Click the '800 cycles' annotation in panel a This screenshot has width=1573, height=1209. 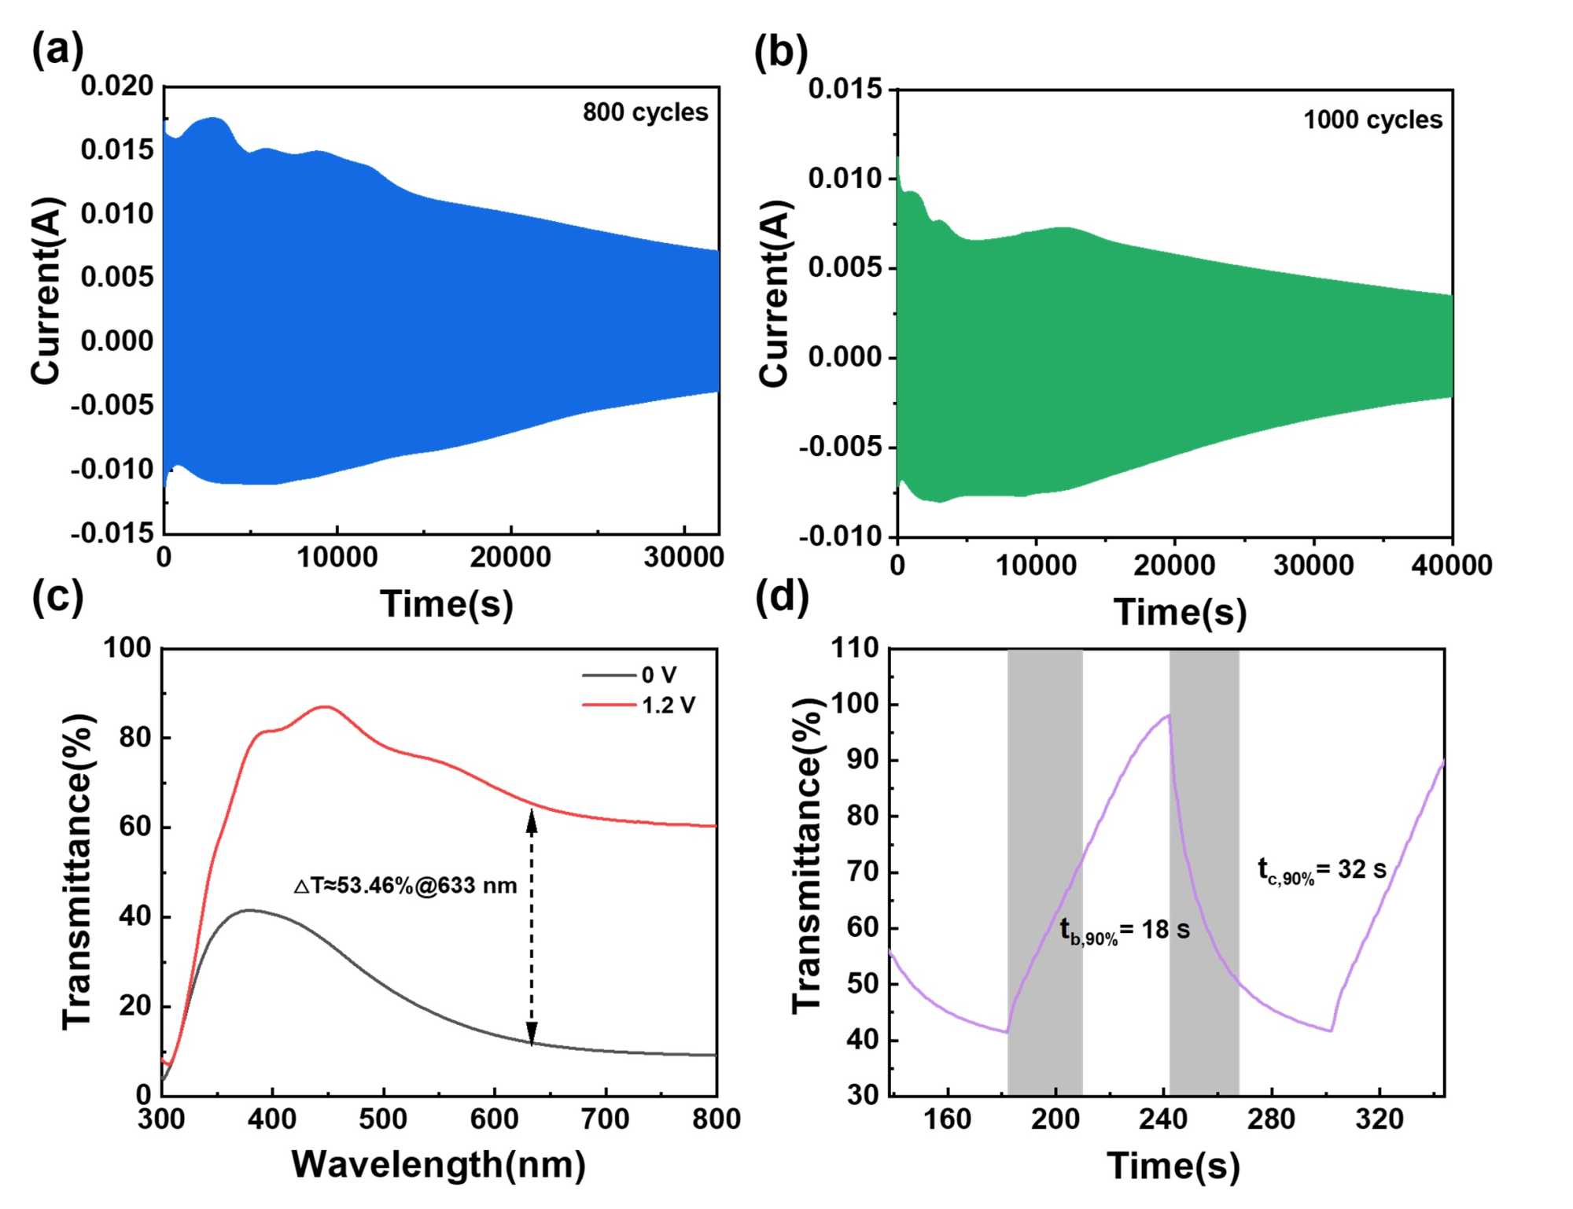[645, 112]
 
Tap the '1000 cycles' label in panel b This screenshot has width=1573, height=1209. [1372, 120]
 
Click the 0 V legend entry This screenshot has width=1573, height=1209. [658, 675]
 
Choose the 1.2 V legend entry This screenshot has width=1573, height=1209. [668, 705]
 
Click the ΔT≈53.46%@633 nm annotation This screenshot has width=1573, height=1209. [405, 886]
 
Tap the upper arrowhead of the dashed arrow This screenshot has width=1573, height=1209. [532, 820]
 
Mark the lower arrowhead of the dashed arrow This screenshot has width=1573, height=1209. [532, 1033]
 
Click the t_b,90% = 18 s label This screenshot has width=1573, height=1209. [1124, 931]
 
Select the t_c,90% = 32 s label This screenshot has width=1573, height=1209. [1321, 870]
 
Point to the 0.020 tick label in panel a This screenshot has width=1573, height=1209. [117, 86]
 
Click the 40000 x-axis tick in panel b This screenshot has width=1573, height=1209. [1451, 565]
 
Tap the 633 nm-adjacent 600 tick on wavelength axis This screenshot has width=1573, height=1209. [494, 1119]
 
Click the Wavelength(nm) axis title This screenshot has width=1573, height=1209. [438, 1165]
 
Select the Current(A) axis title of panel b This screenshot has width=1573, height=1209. [775, 293]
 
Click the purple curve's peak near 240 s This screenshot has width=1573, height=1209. [1169, 715]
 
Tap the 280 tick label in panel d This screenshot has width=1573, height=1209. [1271, 1119]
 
